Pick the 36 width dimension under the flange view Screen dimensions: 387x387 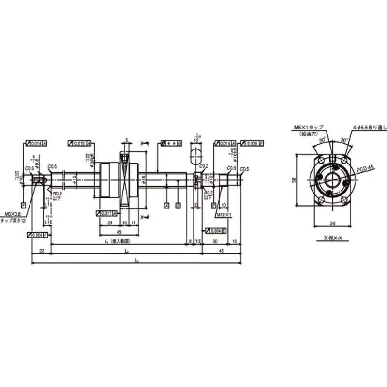[332, 224]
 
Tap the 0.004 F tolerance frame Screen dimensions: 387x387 [37, 235]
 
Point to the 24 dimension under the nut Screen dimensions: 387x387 [110, 223]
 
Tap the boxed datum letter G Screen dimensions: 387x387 [178, 205]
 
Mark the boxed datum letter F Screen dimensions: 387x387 [23, 205]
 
